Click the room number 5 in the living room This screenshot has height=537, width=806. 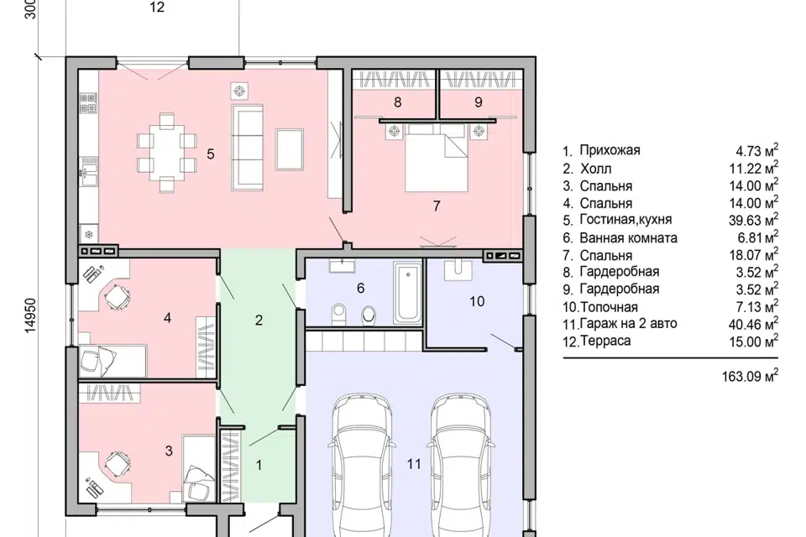pyautogui.click(x=210, y=154)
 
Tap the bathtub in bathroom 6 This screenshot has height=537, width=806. pyautogui.click(x=408, y=293)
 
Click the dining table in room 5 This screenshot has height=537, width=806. pyautogui.click(x=166, y=154)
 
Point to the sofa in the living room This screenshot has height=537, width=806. pyautogui.click(x=247, y=146)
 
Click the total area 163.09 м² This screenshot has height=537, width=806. pyautogui.click(x=750, y=376)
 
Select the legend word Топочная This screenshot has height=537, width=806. pyautogui.click(x=610, y=307)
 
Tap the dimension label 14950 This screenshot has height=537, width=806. pyautogui.click(x=31, y=314)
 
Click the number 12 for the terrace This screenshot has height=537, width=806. pyautogui.click(x=157, y=7)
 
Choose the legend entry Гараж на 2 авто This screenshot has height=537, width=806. pyautogui.click(x=628, y=324)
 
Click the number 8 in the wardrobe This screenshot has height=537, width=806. pyautogui.click(x=397, y=102)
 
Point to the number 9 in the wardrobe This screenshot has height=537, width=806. pyautogui.click(x=478, y=102)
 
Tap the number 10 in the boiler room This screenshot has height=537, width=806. pyautogui.click(x=477, y=301)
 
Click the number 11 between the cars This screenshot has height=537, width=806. pyautogui.click(x=414, y=464)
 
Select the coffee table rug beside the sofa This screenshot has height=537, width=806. pyautogui.click(x=290, y=149)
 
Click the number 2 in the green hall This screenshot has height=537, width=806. pyautogui.click(x=259, y=321)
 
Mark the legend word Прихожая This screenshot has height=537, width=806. pyautogui.click(x=610, y=150)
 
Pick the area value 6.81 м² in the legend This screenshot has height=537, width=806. pyautogui.click(x=757, y=237)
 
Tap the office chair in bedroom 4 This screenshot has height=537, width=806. pyautogui.click(x=118, y=296)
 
